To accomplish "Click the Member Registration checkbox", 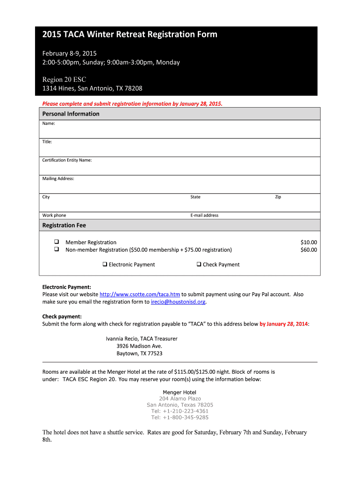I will point(56,242).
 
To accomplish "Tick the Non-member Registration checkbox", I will point(56,249).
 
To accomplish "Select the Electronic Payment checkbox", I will point(105,264).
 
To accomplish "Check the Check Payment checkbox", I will point(199,264).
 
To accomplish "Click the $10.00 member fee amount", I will point(309,242).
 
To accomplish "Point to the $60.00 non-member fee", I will point(309,250).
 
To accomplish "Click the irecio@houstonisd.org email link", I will point(178,302).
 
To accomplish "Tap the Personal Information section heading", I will point(71,114).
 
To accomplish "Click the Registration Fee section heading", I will point(65,225).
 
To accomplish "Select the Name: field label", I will point(49,123).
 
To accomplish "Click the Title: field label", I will point(47,141).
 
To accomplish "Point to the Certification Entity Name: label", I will point(67,160).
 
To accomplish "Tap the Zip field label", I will point(278,197).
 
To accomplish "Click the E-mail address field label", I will point(204,216).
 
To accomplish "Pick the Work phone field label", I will point(54,216).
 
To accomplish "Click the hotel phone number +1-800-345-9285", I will point(180,417).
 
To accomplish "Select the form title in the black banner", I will point(130,35).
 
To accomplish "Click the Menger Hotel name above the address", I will point(180,392).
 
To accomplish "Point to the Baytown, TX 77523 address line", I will point(139,354).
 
